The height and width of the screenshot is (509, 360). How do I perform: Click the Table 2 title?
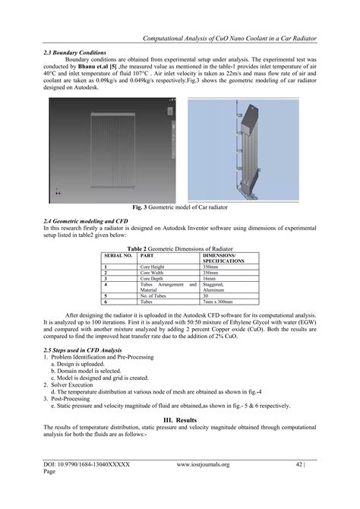pyautogui.click(x=181, y=247)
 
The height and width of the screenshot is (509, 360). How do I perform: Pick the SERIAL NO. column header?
pyautogui.click(x=118, y=255)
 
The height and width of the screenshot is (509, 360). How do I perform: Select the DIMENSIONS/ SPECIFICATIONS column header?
pyautogui.click(x=224, y=258)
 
